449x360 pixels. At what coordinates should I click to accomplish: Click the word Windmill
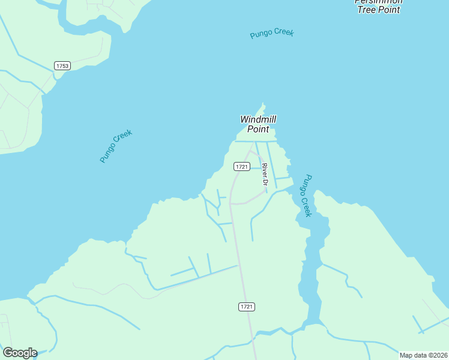coord(258,119)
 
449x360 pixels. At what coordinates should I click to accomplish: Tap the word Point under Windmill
coord(258,129)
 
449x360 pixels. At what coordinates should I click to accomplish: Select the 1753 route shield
coord(62,65)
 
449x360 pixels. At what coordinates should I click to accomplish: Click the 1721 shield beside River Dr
coord(242,166)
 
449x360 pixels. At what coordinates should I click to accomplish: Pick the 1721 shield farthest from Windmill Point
coord(247,307)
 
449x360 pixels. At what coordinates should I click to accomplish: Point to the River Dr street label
coord(264,174)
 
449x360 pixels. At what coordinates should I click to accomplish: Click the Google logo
coord(20,353)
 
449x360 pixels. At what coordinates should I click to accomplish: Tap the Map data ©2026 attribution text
coord(423,355)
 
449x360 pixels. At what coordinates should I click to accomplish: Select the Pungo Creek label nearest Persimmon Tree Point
coord(272,34)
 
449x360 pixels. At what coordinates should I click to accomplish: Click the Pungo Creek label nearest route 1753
coord(116,146)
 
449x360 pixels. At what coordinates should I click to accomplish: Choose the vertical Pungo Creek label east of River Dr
coord(307,196)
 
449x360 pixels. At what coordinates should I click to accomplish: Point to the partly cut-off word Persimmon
coord(379,2)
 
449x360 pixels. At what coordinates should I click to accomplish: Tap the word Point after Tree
coord(389,10)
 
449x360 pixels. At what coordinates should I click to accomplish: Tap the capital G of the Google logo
coord(8,352)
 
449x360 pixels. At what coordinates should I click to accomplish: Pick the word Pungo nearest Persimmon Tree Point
coord(262,35)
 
